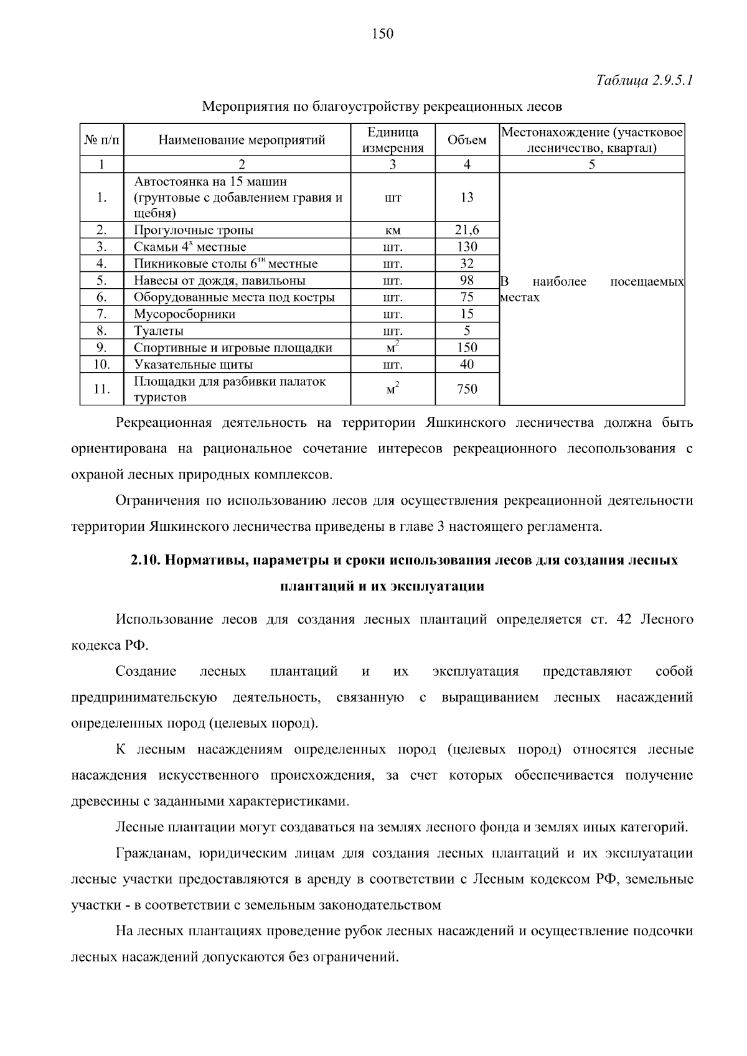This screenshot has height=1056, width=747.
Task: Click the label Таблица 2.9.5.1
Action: pyautogui.click(x=645, y=81)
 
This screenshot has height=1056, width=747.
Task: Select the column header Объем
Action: pyautogui.click(x=467, y=140)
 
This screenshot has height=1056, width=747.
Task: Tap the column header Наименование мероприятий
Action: pyautogui.click(x=242, y=140)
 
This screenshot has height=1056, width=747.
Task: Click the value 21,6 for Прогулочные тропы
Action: pyautogui.click(x=467, y=230)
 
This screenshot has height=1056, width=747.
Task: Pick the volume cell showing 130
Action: pyautogui.click(x=467, y=247)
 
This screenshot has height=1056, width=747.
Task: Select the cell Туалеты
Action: pyautogui.click(x=159, y=331)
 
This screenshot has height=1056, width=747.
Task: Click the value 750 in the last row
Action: pyautogui.click(x=467, y=390)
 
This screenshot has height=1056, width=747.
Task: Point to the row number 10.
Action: pyautogui.click(x=101, y=365)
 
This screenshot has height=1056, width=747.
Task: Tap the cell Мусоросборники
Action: pyautogui.click(x=185, y=314)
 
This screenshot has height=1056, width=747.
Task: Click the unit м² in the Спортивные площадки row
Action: pyautogui.click(x=393, y=347)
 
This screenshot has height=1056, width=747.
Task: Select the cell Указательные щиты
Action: pyautogui.click(x=194, y=365)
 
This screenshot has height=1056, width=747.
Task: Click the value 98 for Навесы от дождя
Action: pyautogui.click(x=467, y=281)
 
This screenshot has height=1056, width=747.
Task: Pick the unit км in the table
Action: pyautogui.click(x=393, y=231)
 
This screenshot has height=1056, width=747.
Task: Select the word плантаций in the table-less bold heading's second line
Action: pyautogui.click(x=310, y=587)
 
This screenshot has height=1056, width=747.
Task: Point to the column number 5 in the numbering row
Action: pyautogui.click(x=591, y=165)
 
